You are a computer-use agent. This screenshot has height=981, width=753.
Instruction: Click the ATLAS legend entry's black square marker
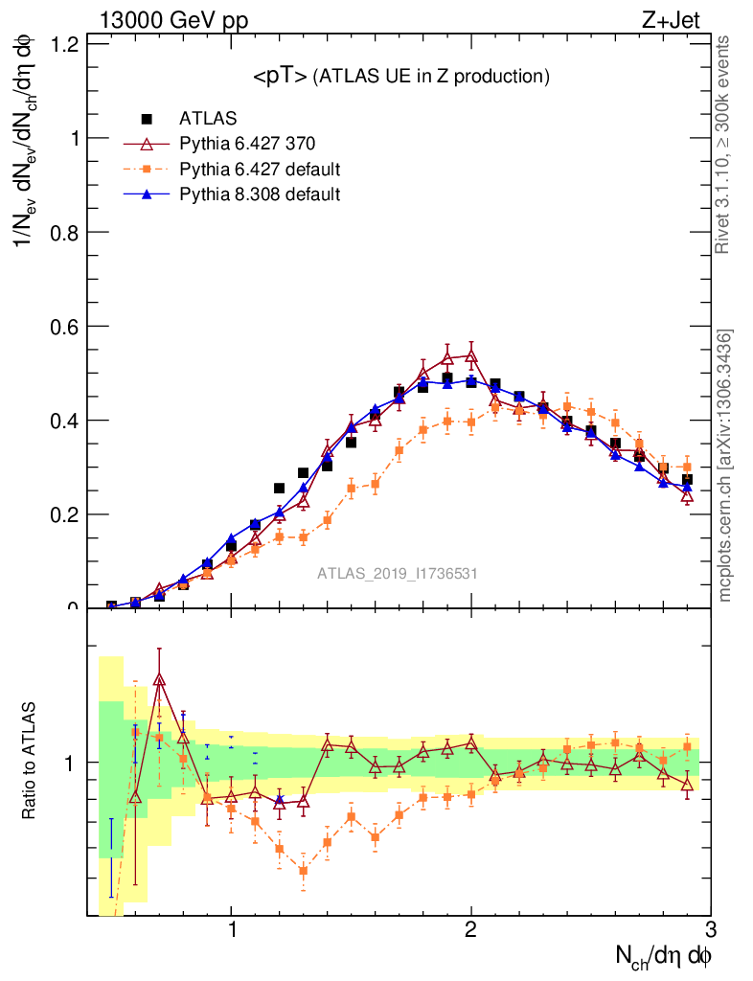148,119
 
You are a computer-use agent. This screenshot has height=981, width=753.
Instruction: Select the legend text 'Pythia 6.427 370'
247,145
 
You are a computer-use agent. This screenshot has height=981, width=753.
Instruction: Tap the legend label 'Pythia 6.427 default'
261,170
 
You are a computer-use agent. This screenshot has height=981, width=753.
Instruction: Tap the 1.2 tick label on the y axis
63,44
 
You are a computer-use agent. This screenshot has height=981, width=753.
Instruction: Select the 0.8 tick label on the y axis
63,232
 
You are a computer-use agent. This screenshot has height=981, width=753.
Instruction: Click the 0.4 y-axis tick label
63,420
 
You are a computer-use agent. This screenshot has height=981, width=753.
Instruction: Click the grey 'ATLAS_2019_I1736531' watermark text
398,574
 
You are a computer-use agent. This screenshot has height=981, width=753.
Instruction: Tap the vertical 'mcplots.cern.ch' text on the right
725,465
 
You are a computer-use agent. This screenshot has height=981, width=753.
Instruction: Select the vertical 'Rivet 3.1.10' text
725,144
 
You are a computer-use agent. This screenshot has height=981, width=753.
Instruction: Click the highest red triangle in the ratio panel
159,679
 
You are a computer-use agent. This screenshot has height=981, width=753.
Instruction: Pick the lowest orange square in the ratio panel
304,871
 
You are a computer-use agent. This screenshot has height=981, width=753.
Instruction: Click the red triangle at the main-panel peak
470,355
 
